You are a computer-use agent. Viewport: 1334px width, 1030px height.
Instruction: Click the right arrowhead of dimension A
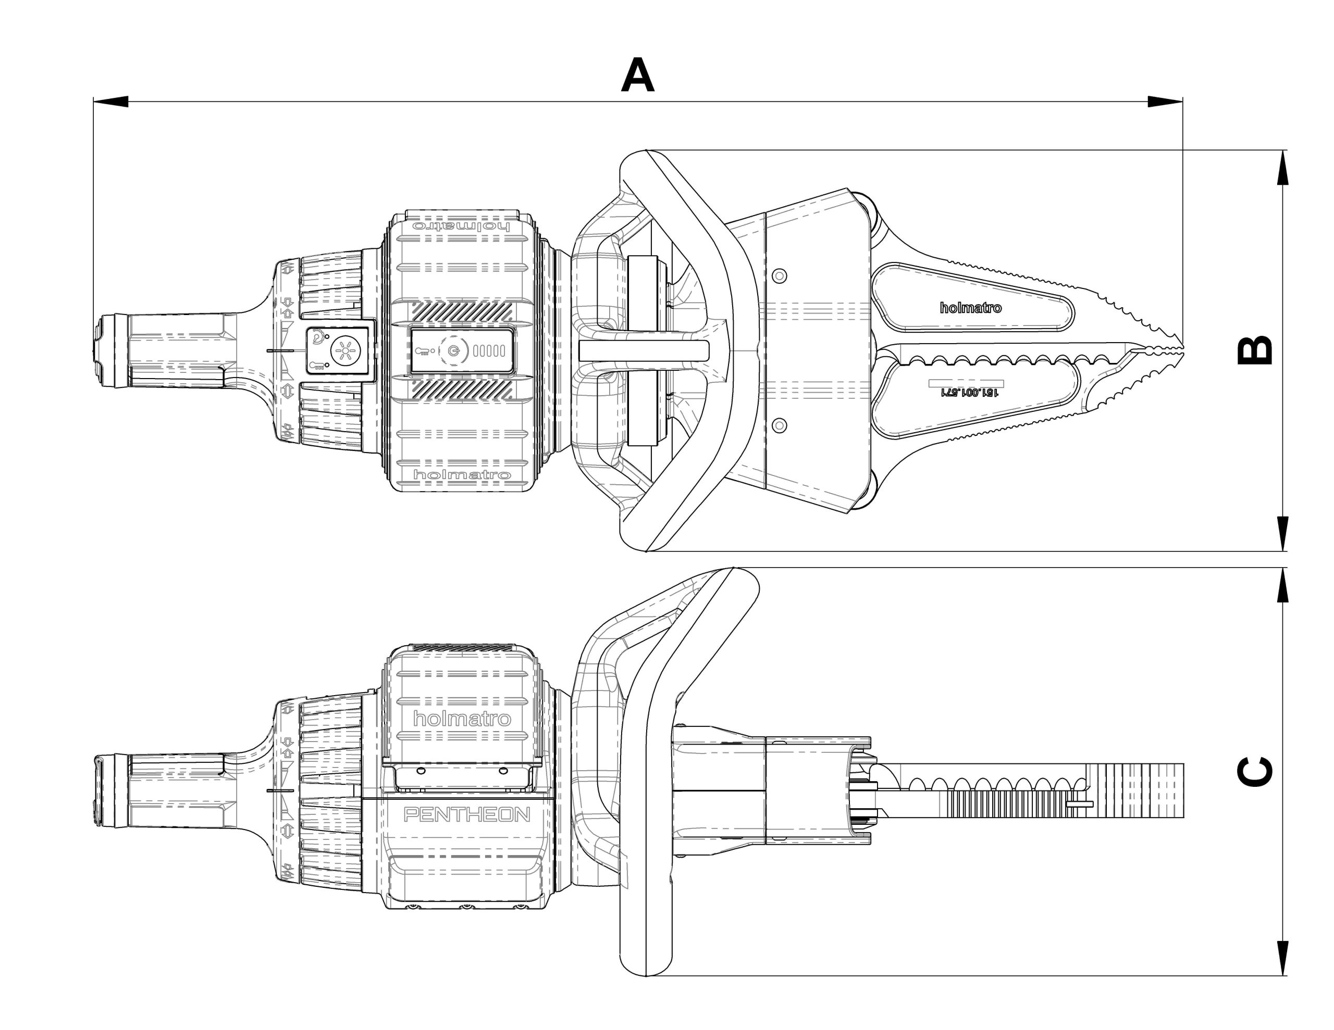click(x=1164, y=102)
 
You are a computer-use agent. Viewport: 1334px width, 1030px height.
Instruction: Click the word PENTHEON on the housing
click(x=467, y=814)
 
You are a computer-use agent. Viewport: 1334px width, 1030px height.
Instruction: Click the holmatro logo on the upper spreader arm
click(x=971, y=308)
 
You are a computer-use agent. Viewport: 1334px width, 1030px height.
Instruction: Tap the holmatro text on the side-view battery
click(x=462, y=719)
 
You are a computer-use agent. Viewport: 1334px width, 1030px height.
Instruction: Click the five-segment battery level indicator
click(x=489, y=350)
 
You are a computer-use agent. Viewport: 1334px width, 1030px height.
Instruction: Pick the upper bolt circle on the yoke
click(x=779, y=276)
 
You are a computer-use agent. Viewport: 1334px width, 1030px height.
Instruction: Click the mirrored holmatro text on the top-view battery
click(x=462, y=226)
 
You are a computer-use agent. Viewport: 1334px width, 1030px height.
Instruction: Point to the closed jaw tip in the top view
click(x=1179, y=350)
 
